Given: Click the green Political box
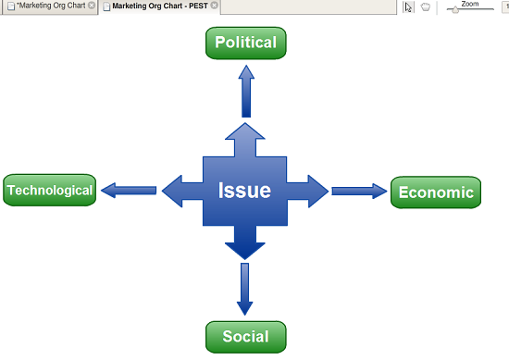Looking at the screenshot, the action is (246, 43).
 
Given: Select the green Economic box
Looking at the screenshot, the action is (436, 192).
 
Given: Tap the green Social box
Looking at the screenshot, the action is (246, 337).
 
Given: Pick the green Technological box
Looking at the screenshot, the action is (49, 190).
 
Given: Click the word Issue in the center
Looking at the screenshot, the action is (244, 191).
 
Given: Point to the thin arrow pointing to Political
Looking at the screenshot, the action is (246, 92).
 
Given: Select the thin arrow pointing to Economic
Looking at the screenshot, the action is (359, 191).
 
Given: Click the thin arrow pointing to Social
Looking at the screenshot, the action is (244, 289).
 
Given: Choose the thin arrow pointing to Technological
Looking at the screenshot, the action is (129, 191).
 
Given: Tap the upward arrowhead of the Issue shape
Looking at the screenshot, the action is (245, 132).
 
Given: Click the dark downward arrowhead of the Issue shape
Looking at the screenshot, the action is (245, 251).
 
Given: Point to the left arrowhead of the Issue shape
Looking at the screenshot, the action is (172, 191).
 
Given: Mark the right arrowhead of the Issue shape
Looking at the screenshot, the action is (317, 192).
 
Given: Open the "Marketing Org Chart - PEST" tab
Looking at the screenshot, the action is (159, 6).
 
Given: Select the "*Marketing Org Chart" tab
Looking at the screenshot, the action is (51, 6).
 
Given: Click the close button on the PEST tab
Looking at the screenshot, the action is (215, 6).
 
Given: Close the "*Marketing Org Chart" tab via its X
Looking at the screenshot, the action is (92, 6).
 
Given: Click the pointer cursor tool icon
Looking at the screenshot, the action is (408, 6).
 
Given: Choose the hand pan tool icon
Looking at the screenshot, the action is (426, 6).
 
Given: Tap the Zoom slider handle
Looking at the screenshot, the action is (455, 10).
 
